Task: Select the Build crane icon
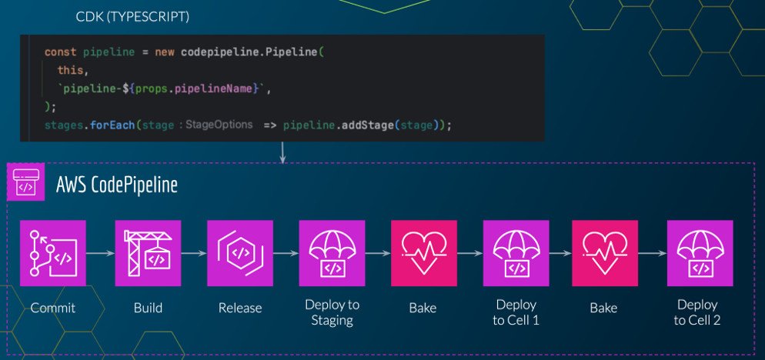click(x=148, y=252)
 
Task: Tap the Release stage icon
click(x=239, y=252)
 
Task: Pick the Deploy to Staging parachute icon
click(x=332, y=252)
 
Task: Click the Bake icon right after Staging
click(x=423, y=252)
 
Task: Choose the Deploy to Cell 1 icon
click(x=516, y=252)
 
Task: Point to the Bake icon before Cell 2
click(x=605, y=252)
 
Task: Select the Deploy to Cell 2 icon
click(x=700, y=252)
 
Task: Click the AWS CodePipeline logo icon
click(x=25, y=184)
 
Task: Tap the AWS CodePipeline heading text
click(x=117, y=185)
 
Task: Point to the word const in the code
click(x=60, y=52)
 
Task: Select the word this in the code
click(x=70, y=71)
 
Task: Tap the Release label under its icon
click(x=239, y=308)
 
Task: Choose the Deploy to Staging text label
click(x=332, y=312)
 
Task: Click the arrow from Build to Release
click(x=193, y=252)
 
